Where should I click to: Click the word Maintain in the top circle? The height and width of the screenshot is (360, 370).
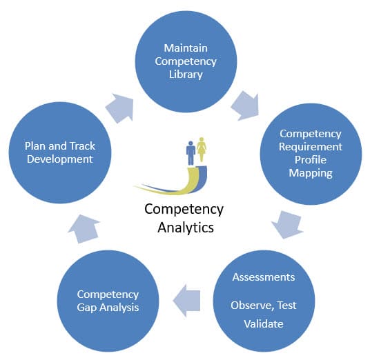point(186,48)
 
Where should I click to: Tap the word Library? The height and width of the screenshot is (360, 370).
point(186,74)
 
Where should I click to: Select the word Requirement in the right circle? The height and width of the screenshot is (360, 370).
point(311,147)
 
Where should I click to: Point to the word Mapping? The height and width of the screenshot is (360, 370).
point(311,173)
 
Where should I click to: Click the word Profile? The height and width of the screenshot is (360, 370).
point(311,159)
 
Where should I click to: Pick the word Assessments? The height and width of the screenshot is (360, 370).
point(264,277)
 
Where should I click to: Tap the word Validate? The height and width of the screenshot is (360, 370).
point(264,323)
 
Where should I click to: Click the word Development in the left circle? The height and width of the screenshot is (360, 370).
point(59,159)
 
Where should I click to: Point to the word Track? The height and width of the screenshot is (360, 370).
point(83,146)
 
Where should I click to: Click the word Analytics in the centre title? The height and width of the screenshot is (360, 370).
point(186,228)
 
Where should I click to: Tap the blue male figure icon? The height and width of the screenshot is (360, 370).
point(191,153)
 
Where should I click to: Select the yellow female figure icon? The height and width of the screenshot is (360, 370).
point(202,149)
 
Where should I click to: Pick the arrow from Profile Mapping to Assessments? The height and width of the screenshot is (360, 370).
point(287,224)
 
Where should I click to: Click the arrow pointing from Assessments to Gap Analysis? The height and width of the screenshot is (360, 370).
point(186,301)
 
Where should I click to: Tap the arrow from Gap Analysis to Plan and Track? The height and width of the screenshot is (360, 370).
point(84,228)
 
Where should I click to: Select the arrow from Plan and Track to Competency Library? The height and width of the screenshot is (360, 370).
point(120,108)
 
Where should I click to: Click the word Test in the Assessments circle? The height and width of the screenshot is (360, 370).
point(286,306)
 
